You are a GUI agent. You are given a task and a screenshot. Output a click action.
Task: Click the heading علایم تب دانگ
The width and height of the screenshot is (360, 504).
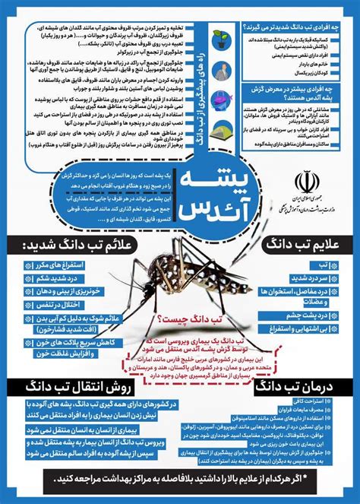click(304, 245)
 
